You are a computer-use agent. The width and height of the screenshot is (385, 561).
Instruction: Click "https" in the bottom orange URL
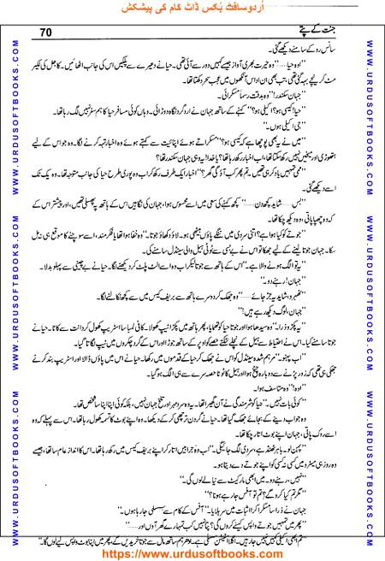tap(125, 552)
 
